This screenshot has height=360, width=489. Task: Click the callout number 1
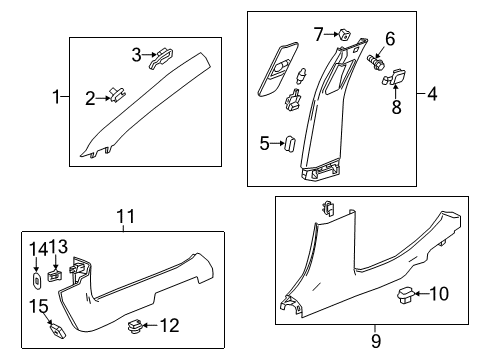coord(56,97)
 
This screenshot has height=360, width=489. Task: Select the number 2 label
coord(89,97)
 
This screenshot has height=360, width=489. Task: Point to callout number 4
coord(433,97)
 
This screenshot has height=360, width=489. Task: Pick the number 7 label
coord(318,36)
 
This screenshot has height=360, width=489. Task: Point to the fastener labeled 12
coord(134,323)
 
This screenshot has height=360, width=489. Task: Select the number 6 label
coord(390,39)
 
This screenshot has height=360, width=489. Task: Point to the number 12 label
coord(170,324)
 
